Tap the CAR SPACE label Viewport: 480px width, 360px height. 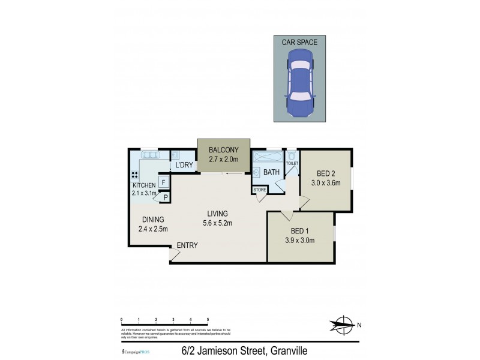pyautogui.click(x=300, y=42)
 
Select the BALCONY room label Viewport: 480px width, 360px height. pyautogui.click(x=224, y=150)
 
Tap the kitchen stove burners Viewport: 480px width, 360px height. pyautogui.click(x=135, y=176)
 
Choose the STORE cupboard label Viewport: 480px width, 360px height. pyautogui.click(x=259, y=190)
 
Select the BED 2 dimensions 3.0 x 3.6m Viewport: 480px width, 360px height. pyautogui.click(x=325, y=182)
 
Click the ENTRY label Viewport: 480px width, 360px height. pyautogui.click(x=187, y=245)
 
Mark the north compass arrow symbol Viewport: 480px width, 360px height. pyautogui.click(x=342, y=325)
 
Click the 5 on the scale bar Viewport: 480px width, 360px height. pyautogui.click(x=208, y=320)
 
